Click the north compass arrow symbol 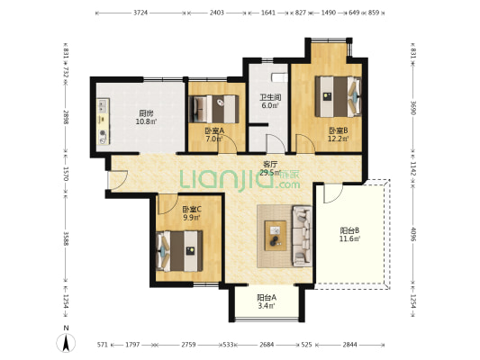pos(66,343)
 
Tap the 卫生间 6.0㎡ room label pos(270,102)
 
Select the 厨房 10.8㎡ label pos(146,117)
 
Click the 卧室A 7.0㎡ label pos(214,135)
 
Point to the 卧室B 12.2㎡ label pos(339,135)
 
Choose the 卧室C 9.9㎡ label pos(192,213)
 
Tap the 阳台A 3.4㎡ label pos(267,301)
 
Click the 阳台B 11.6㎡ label pos(349,234)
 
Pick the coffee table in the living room pos(276,236)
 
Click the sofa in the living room pos(302,236)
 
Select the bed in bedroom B pos(338,96)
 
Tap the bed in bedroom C pos(179,251)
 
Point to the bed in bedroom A pos(214,109)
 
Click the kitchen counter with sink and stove pos(104,121)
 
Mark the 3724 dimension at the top pos(140,13)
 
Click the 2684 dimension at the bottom pos(267,345)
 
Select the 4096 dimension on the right pos(413,234)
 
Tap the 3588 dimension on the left pos(66,238)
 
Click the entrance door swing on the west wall pos(119,179)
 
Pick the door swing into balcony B pos(333,193)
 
